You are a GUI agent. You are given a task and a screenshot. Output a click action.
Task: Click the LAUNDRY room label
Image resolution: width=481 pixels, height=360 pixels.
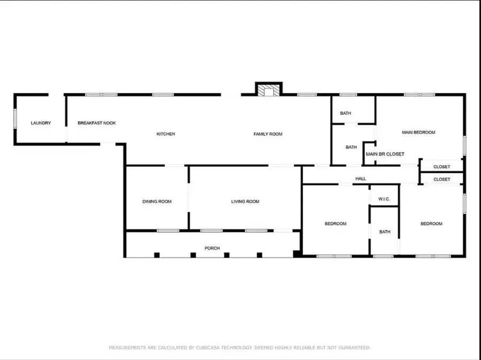41,123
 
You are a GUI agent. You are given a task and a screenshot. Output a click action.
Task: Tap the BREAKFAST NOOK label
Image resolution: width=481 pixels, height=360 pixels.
97,123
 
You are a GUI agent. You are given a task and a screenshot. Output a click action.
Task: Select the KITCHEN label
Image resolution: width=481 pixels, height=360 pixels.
166,134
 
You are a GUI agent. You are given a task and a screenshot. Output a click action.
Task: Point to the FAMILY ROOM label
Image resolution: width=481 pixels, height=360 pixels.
268,134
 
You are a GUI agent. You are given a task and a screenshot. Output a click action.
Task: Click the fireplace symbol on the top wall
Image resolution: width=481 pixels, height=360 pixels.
268,90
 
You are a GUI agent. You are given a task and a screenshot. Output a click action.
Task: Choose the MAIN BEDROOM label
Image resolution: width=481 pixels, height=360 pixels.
418,132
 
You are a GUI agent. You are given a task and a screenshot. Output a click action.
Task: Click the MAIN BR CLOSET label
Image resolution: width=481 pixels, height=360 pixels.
385,154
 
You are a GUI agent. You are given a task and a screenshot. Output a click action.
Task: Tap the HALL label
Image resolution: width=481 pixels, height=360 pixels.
361,179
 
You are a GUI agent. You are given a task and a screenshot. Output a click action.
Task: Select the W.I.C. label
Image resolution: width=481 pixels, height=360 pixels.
384,200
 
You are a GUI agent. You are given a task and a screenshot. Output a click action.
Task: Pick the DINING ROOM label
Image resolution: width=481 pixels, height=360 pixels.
157,201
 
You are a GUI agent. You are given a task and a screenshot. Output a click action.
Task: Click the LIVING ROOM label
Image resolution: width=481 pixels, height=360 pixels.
245,201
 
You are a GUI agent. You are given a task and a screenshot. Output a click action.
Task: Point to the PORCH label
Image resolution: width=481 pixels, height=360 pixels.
212,248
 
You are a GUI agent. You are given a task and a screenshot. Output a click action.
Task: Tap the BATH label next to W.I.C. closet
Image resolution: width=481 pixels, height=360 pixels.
385,232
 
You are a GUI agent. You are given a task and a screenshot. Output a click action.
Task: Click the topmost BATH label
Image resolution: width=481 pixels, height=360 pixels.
346,113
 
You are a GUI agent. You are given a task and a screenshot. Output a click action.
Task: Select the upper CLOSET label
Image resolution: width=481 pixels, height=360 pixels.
441,167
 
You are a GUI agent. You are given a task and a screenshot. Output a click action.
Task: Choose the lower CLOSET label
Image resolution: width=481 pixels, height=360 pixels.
441,179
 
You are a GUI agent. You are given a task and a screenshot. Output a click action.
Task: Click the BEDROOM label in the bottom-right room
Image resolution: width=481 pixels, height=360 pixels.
431,224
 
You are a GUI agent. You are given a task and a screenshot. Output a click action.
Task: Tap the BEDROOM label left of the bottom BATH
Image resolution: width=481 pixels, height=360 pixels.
336,224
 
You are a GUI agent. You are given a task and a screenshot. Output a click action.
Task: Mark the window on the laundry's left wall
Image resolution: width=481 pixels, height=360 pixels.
15,119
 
